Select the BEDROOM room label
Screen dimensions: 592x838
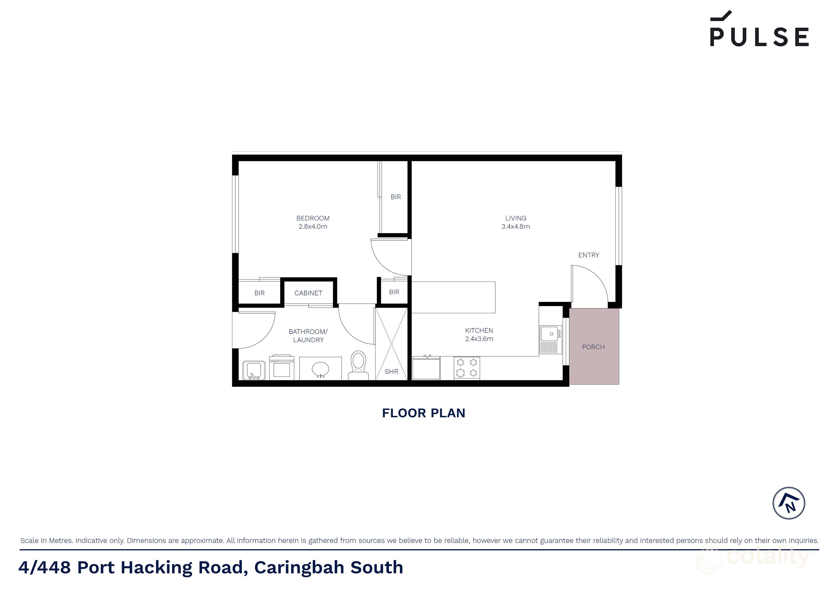(313, 218)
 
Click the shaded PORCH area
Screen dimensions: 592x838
(593, 346)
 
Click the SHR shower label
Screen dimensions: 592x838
(391, 372)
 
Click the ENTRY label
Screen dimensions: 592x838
(588, 255)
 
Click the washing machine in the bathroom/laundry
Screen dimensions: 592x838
(281, 368)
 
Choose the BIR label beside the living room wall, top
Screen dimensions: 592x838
(396, 197)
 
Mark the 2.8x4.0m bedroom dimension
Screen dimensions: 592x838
(313, 226)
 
